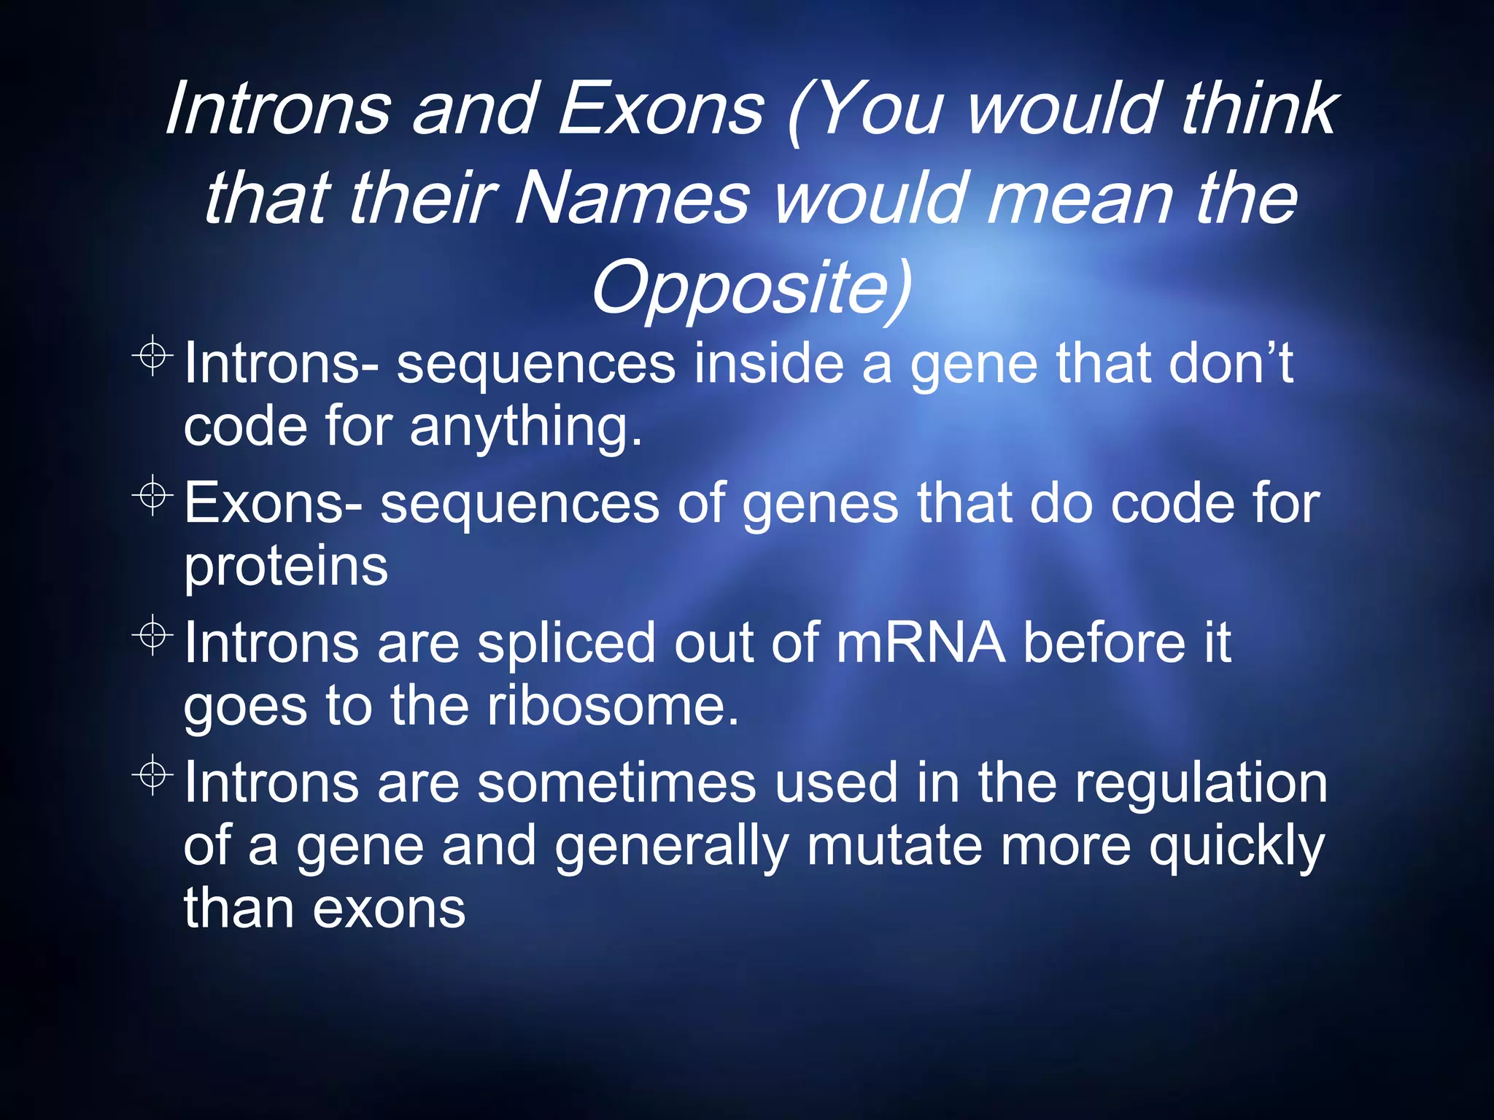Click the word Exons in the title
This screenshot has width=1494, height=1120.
point(661,109)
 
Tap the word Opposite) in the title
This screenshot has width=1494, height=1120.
point(751,287)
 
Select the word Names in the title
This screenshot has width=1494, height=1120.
point(632,198)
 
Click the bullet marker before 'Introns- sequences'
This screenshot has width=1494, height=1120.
point(152,356)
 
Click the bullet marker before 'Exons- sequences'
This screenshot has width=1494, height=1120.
point(152,496)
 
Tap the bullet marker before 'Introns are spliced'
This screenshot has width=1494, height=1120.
point(152,635)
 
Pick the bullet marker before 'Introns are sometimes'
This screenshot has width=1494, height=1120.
point(152,774)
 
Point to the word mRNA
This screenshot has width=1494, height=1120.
point(921,643)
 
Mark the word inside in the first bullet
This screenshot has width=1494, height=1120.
point(768,363)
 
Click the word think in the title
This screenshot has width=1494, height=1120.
point(1260,109)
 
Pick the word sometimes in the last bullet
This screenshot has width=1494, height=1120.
point(616,782)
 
